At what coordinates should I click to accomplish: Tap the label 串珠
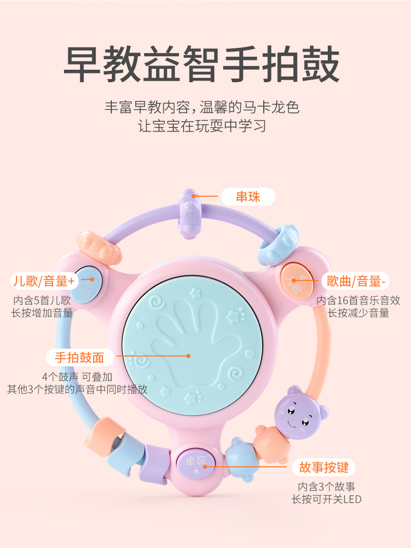tap(248, 197)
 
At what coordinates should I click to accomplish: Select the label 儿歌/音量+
tap(44, 282)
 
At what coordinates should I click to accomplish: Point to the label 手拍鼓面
tap(80, 357)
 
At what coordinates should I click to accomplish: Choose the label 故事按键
tap(324, 466)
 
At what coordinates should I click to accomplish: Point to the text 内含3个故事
tap(326, 487)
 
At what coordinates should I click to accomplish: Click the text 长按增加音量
tap(42, 313)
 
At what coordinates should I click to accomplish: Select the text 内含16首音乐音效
tap(358, 300)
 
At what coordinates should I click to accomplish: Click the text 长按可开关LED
tap(326, 500)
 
